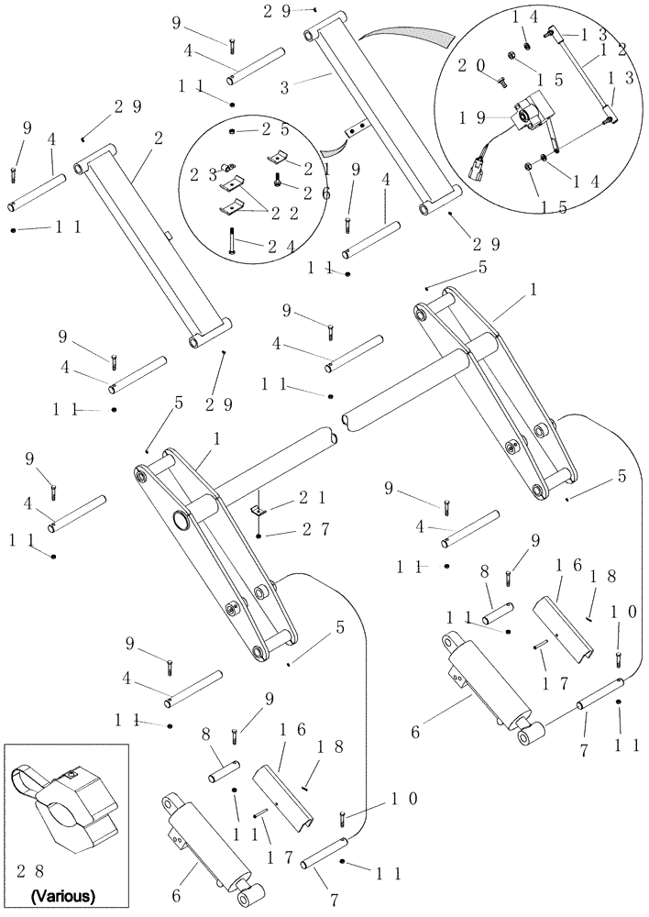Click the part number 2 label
(159, 139)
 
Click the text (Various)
(63, 893)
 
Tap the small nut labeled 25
(235, 132)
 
